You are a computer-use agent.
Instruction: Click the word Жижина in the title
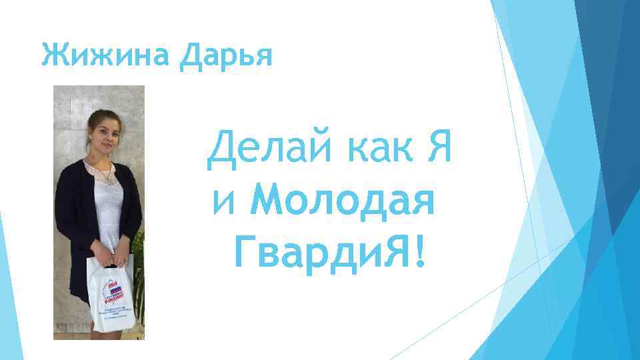click(x=107, y=53)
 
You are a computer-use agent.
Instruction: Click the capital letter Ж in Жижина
click(x=52, y=53)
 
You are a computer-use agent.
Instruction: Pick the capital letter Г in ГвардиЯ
click(x=245, y=252)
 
